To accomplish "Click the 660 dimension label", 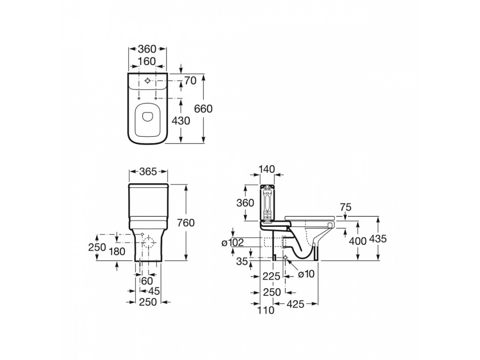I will point(203,108).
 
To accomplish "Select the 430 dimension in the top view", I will point(181,120).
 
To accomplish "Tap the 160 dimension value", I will point(147,61).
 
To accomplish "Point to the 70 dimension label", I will point(190,80).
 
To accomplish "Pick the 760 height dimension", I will point(186,223).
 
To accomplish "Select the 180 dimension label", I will point(117,252).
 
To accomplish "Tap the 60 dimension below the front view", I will point(147,281).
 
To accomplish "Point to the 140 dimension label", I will point(267,169).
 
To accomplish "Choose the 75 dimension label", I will point(345,208).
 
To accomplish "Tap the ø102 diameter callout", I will point(232,242).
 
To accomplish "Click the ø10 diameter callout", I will point(306,274).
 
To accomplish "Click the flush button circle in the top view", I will point(148,81).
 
